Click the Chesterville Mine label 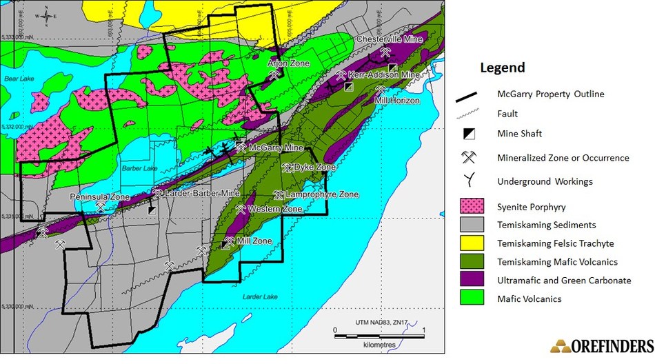point(389,39)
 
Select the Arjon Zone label point(288,63)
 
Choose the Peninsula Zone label point(100,197)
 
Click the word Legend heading point(502,68)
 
